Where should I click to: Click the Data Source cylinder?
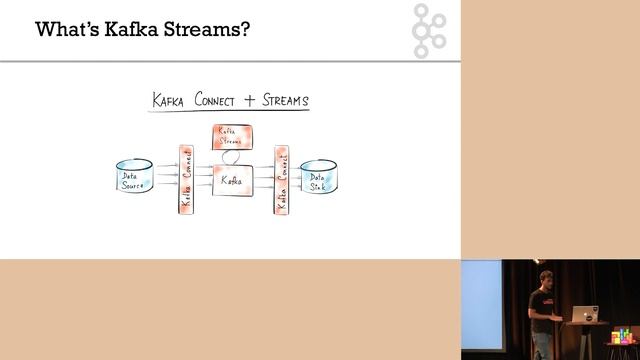coord(134,177)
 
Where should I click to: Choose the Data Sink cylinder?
coord(319,178)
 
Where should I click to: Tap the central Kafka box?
coord(231,181)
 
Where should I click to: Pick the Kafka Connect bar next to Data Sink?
coord(281,179)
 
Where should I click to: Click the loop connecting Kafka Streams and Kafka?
coord(232,157)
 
